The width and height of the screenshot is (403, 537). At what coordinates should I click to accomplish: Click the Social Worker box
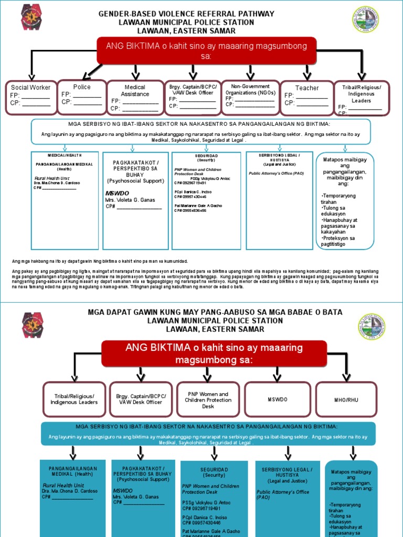(30, 98)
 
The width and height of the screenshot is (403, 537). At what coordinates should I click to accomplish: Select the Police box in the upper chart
(81, 96)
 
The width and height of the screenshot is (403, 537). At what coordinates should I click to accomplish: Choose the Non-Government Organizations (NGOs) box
(250, 97)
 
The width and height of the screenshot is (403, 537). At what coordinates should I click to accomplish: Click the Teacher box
(306, 98)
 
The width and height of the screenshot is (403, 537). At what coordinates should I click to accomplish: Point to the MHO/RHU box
(346, 399)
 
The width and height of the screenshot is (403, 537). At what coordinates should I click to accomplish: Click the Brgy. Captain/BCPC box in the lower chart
(141, 399)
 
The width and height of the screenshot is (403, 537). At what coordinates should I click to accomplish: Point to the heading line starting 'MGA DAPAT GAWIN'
(215, 312)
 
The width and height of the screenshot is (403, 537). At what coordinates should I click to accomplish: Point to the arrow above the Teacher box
(307, 73)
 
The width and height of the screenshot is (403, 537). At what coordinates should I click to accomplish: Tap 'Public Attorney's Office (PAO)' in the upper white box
(276, 173)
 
